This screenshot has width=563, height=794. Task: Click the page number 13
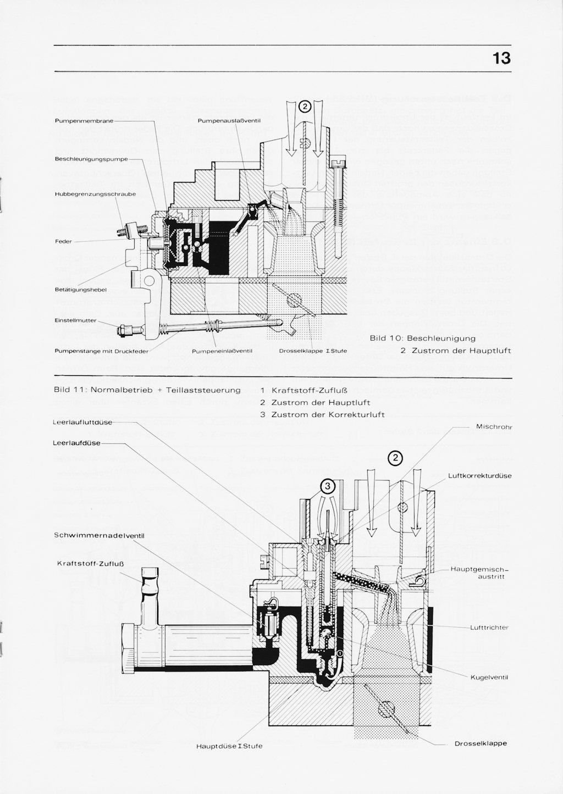pos(501,58)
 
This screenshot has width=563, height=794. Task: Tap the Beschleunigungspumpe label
pos(91,159)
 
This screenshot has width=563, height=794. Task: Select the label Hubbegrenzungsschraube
pos(95,194)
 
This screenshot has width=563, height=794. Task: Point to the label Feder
pos(63,241)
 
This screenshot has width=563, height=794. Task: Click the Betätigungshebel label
pos(80,289)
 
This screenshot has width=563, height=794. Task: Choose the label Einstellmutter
pos(76,320)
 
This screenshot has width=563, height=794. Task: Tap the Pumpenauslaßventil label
pos(225,120)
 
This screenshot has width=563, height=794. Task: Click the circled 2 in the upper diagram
pos(305,106)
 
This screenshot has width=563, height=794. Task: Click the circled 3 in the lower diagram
pos(327,485)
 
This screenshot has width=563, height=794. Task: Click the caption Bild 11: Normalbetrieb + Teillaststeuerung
pos(147,390)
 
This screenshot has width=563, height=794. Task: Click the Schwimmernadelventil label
pos(99,535)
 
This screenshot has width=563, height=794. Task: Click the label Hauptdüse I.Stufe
pos(229,746)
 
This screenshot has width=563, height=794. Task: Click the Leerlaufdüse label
pos(77,443)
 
